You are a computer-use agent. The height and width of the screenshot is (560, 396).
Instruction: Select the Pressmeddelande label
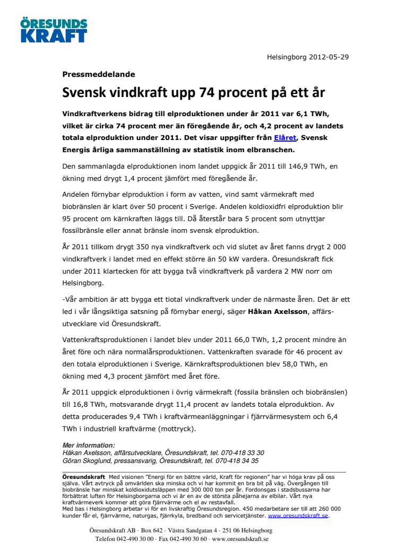tap(99, 74)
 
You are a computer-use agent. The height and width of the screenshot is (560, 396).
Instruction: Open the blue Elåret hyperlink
tap(286, 138)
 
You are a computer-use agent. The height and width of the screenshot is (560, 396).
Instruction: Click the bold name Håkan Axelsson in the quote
tap(278, 311)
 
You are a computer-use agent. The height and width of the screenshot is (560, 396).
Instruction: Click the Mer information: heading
tap(89, 445)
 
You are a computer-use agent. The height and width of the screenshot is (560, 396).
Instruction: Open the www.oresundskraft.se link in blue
tap(298, 515)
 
